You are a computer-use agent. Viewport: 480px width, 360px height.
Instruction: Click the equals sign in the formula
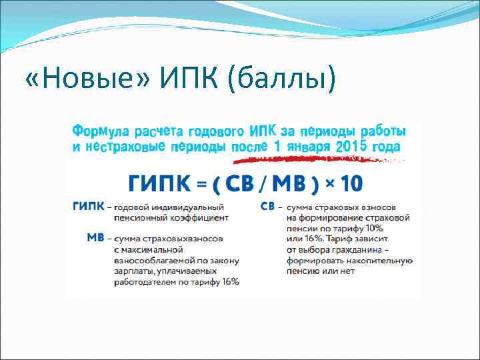click(x=199, y=182)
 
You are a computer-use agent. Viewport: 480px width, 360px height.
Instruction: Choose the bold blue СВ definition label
click(x=267, y=207)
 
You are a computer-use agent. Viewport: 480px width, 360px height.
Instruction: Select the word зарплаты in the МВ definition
click(x=132, y=271)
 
